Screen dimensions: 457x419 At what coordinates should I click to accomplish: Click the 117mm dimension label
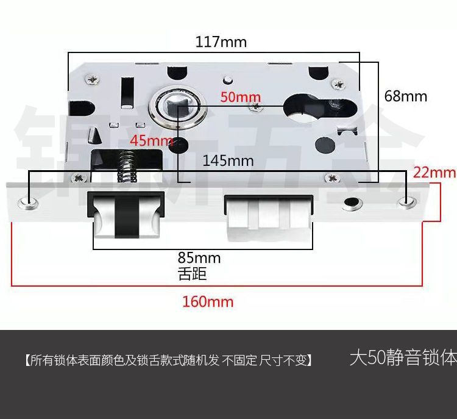pyautogui.click(x=221, y=42)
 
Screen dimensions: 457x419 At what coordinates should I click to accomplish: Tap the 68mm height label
pyautogui.click(x=405, y=96)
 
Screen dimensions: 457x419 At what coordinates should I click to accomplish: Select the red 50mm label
pyautogui.click(x=240, y=97)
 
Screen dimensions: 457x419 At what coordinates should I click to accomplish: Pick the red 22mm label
pyautogui.click(x=434, y=173)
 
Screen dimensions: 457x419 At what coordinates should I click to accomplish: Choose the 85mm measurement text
pyautogui.click(x=199, y=258)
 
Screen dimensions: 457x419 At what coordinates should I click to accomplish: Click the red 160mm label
pyautogui.click(x=208, y=301)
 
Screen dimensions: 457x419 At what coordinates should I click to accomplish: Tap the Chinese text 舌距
pyautogui.click(x=192, y=274)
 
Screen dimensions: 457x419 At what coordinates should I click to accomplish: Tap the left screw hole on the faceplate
pyautogui.click(x=28, y=201)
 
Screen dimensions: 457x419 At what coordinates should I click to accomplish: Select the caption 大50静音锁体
pyautogui.click(x=403, y=358)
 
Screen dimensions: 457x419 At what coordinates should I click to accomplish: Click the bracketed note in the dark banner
pyautogui.click(x=169, y=360)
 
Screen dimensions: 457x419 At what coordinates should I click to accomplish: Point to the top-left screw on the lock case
pyautogui.click(x=92, y=79)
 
